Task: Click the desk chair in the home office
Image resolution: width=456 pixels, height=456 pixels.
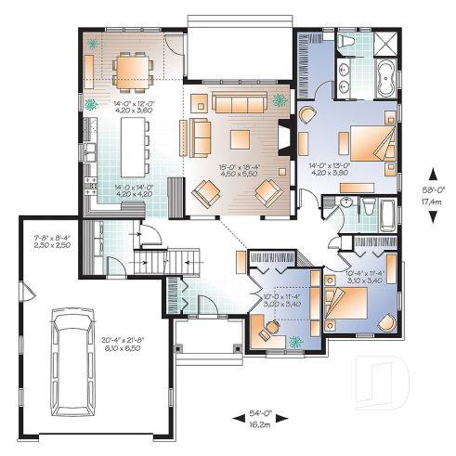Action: point(270,328)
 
